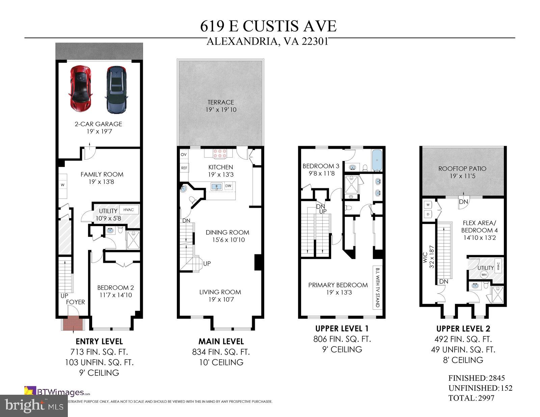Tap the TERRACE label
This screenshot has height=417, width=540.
pos(221,102)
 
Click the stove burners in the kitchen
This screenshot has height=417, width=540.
pos(220,154)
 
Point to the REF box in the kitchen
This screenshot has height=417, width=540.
pos(184,168)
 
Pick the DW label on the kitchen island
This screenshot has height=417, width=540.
pos(228,186)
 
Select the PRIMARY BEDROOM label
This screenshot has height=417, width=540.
pos(338,285)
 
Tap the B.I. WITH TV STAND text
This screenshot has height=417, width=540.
pos(377,288)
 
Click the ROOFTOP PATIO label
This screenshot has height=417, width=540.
pos(462,169)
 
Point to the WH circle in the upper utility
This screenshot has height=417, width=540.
pos(484,275)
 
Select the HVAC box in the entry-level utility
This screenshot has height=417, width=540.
pos(128,210)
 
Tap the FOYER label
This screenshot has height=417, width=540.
pos(75,302)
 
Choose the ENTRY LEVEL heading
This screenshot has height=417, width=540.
pos(99,341)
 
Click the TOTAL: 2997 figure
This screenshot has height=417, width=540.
pos(471,398)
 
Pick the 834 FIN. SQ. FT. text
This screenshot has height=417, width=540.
pos(221,352)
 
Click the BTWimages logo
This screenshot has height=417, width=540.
pos(57,392)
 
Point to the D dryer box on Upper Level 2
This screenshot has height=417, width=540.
pos(428,214)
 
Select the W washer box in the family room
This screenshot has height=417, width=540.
pos(62,185)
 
